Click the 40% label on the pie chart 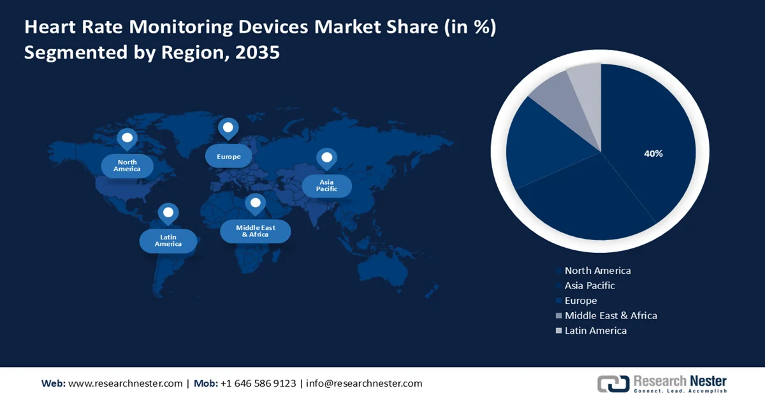pos(653,154)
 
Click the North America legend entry pos(597,271)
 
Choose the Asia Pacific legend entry pos(590,286)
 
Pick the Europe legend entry pos(581,301)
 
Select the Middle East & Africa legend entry pos(610,315)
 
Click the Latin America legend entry pos(595,331)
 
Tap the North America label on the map pos(127,166)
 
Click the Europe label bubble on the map pos(228,157)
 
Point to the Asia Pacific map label pos(326,186)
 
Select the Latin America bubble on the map pos(168,241)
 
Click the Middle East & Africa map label pos(255,231)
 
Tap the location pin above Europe pos(228,128)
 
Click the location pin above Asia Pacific pos(326,158)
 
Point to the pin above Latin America pos(168,213)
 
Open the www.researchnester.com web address pos(125,383)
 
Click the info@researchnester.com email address pos(364,383)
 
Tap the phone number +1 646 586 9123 pos(258,383)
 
